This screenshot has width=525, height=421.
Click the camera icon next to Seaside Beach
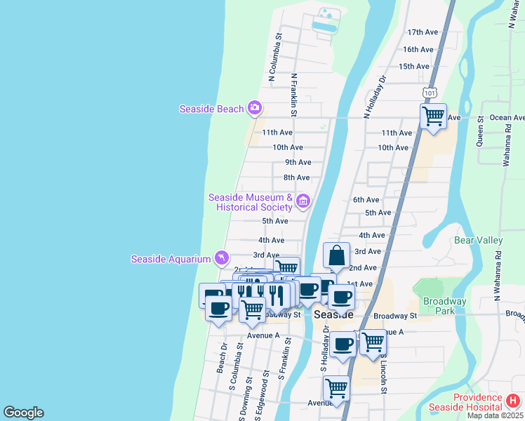tap(255, 108)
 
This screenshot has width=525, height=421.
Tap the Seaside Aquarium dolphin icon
tap(222, 259)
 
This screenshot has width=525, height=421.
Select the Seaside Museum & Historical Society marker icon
tap(303, 201)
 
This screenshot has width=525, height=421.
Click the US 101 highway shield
tap(430, 93)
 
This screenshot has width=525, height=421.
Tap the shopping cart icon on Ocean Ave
tap(433, 116)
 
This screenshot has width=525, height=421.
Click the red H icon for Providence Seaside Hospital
tap(513, 401)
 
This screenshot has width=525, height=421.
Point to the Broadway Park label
tap(444, 306)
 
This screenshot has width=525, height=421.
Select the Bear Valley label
tap(479, 240)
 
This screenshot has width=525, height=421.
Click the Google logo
tap(23, 413)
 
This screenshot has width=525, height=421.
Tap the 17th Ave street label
tap(423, 32)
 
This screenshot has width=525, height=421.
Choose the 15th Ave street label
tap(413, 66)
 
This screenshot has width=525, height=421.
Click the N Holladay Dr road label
tap(376, 95)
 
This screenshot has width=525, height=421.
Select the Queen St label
tap(481, 131)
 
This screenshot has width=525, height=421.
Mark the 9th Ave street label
tap(298, 162)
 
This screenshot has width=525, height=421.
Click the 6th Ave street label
tap(366, 200)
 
